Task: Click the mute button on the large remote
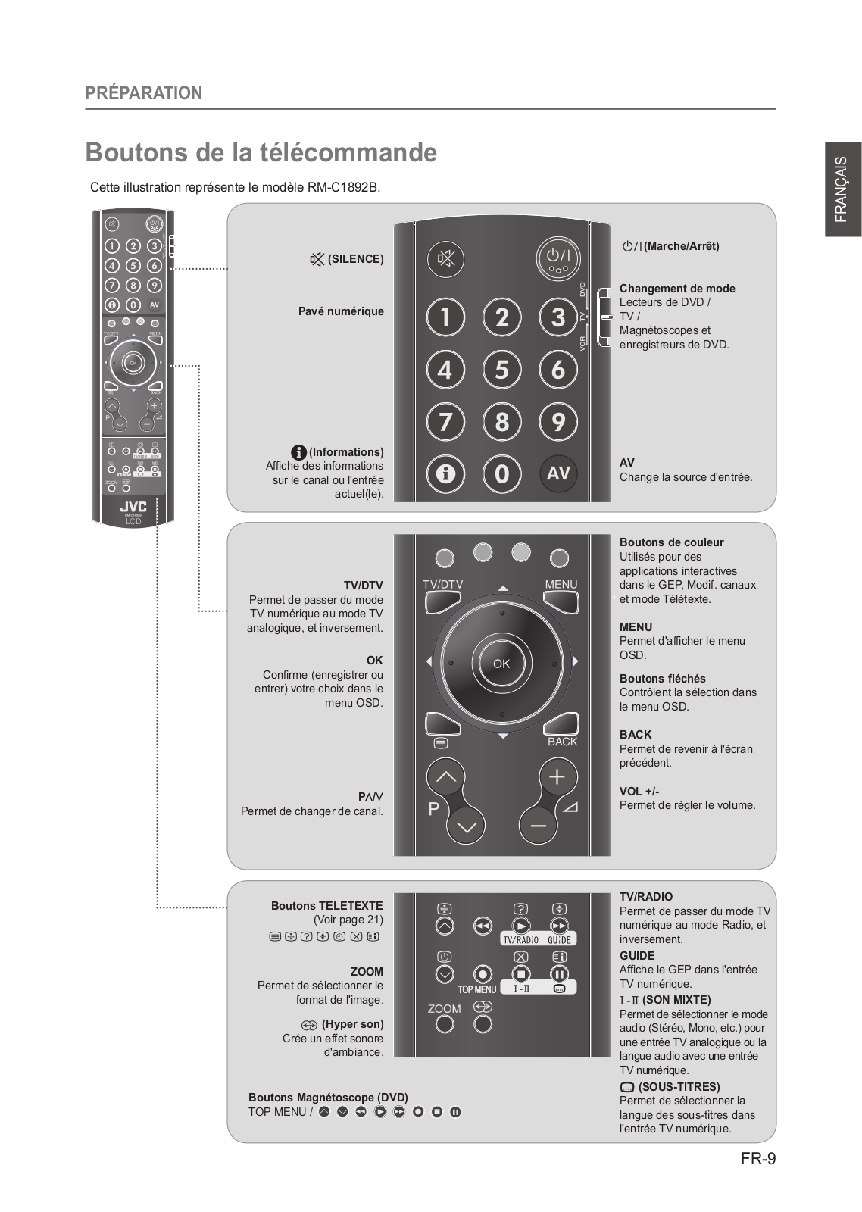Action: [445, 260]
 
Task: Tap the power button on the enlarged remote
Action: [558, 258]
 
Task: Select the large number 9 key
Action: [558, 422]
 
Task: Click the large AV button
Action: [558, 473]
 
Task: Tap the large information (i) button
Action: [445, 473]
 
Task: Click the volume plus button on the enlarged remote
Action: [557, 776]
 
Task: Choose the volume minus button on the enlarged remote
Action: [539, 825]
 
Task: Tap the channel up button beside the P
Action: [446, 776]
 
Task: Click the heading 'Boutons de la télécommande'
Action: [261, 152]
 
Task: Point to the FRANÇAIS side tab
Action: [842, 189]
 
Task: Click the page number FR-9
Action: [758, 1158]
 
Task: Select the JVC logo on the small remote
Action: [133, 507]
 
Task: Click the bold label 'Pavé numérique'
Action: [341, 311]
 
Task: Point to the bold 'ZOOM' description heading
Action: [367, 972]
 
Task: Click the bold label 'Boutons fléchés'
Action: [662, 679]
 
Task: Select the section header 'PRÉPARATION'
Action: [144, 93]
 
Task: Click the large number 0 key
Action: [501, 473]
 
